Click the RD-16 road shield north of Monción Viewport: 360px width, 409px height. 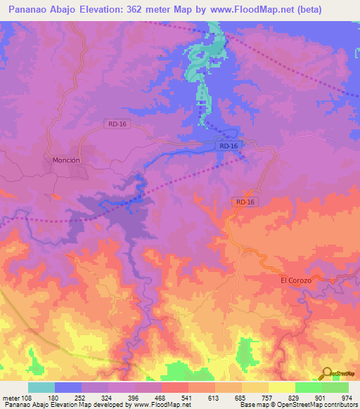click(117, 124)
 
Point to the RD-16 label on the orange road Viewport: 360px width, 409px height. click(245, 202)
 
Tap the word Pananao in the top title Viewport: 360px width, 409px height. click(30, 9)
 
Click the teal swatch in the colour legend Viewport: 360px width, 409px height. click(41, 387)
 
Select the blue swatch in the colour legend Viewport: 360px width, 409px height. click(68, 387)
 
